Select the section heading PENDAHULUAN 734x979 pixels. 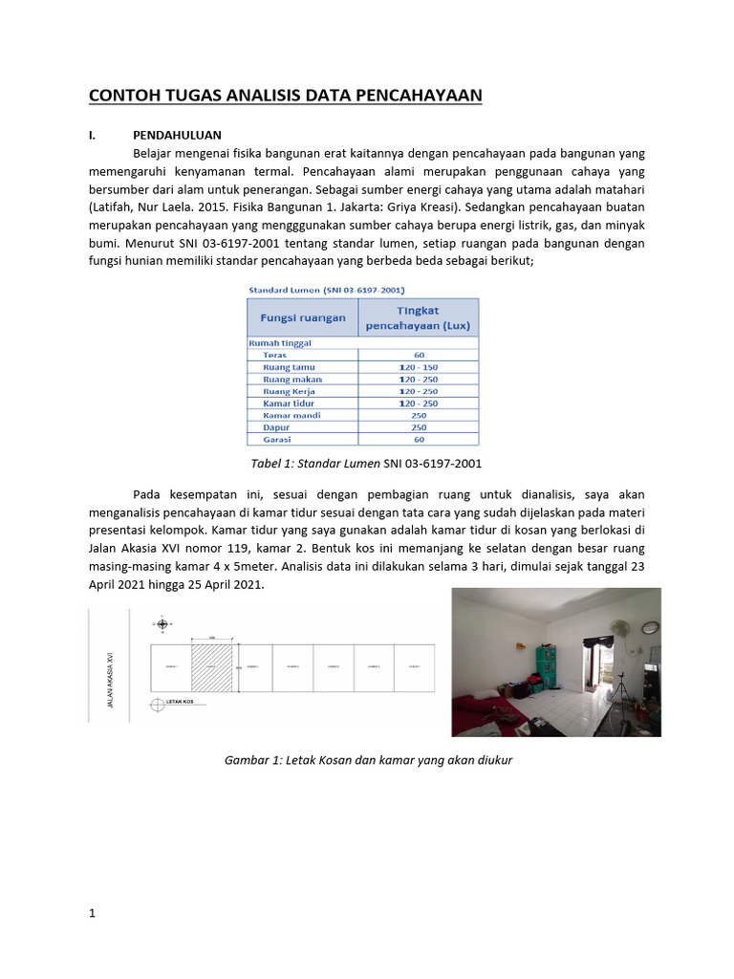point(177,136)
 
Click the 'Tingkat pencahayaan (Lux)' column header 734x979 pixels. point(419,317)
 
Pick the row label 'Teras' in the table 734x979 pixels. point(275,355)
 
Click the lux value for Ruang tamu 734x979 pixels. point(419,367)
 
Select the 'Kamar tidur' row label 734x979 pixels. point(289,403)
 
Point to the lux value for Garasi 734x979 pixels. point(419,440)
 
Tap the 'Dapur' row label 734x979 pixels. point(277,427)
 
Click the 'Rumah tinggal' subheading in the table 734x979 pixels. point(280,342)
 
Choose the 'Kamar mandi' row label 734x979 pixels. point(291,416)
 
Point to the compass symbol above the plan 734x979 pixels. point(162,624)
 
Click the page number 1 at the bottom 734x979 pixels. point(93,913)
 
